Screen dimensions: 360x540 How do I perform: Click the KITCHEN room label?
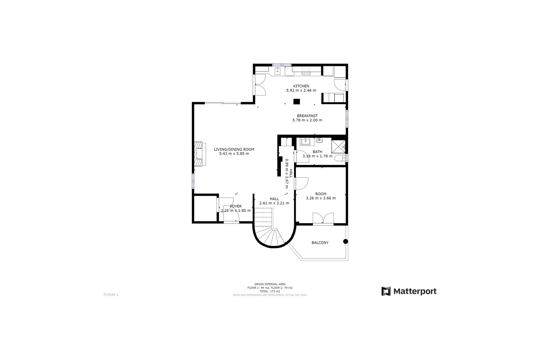[301, 86]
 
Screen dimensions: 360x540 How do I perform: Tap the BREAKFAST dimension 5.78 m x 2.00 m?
[307, 120]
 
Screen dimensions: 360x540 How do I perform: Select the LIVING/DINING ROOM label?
[234, 149]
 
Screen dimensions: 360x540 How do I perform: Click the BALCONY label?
[320, 242]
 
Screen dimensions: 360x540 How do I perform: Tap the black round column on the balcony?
[345, 241]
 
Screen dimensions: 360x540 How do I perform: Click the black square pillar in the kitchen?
[296, 102]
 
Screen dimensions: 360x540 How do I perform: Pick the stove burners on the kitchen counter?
[306, 71]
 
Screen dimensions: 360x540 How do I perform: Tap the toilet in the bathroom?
[339, 158]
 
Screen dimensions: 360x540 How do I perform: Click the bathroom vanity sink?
[305, 141]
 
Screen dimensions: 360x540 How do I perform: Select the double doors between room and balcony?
[323, 219]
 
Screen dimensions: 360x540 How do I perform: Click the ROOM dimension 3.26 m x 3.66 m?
[321, 198]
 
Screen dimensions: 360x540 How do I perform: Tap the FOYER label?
[236, 206]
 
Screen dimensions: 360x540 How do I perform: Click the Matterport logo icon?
[386, 291]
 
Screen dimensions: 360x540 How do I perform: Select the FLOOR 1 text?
[111, 294]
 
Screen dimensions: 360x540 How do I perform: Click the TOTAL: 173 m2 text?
[270, 291]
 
